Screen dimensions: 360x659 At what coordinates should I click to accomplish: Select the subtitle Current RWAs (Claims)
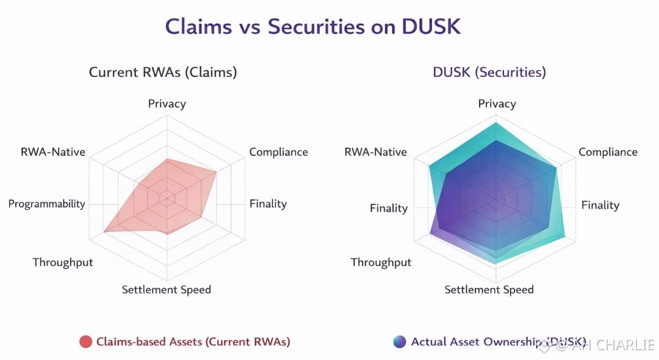[x=163, y=72]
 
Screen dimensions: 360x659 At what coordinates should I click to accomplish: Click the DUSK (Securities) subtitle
[x=489, y=72]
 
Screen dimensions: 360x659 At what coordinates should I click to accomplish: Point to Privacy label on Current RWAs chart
[x=167, y=104]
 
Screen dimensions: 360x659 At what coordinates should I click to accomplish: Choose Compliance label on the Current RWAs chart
[x=278, y=152]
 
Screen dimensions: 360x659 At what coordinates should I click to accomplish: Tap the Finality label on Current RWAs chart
[x=268, y=204]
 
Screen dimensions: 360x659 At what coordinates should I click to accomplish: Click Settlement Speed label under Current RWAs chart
[x=166, y=289]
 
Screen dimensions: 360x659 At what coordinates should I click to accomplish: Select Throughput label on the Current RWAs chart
[x=63, y=262]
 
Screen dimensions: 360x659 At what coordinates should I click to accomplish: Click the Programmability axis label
[x=47, y=204]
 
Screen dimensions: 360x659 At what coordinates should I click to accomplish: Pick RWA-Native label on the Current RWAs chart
[x=52, y=152]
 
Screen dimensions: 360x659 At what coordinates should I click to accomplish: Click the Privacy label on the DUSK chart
[x=497, y=104]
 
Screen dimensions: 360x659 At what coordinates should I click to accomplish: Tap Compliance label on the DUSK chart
[x=608, y=152]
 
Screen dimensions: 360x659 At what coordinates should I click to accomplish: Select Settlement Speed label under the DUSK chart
[x=489, y=289]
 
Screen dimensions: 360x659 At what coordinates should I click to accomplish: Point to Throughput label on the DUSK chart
[x=381, y=262]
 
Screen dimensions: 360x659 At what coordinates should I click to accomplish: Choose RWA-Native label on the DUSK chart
[x=375, y=152]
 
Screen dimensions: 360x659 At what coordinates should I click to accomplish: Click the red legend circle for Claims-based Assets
[x=86, y=342]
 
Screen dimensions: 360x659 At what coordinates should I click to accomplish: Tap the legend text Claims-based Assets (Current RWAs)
[x=193, y=342]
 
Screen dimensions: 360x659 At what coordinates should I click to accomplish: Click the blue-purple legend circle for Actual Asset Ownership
[x=400, y=342]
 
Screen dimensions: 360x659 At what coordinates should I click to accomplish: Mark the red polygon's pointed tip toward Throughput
[x=105, y=231]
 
